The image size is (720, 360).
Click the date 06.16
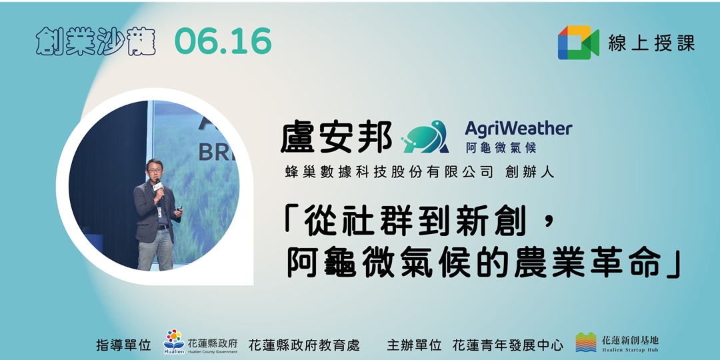[x=223, y=42]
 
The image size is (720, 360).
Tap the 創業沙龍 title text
[x=95, y=43]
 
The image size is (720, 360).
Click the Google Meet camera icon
[x=578, y=43]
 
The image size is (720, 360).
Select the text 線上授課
[x=651, y=43]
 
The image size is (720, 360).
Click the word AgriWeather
[x=518, y=128]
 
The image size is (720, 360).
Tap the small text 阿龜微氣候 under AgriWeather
[x=500, y=147]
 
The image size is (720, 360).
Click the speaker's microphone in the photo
[x=159, y=189]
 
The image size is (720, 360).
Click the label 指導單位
[x=123, y=345]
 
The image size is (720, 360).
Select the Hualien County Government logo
[x=173, y=341]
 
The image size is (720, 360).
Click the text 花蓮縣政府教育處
[x=304, y=345]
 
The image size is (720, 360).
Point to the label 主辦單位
[x=414, y=345]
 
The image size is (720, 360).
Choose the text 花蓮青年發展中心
[x=507, y=345]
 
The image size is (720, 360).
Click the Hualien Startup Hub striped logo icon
[x=586, y=342]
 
